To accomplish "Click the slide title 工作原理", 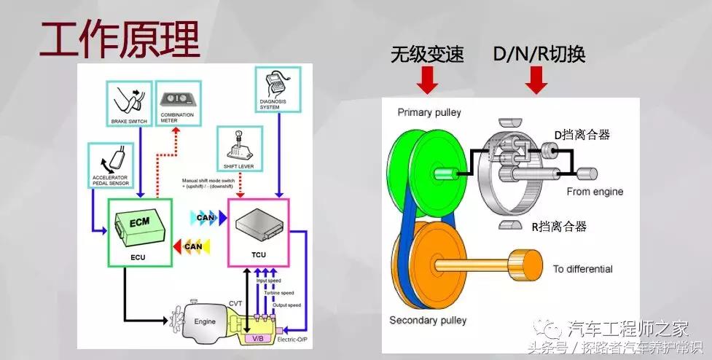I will tap(119, 40).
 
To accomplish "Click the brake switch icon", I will tap(129, 101).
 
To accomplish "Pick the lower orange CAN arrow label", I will tap(191, 246).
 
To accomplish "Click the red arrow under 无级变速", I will tap(428, 80).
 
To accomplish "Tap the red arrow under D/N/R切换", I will tap(537, 80).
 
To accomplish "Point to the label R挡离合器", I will tap(558, 227).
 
